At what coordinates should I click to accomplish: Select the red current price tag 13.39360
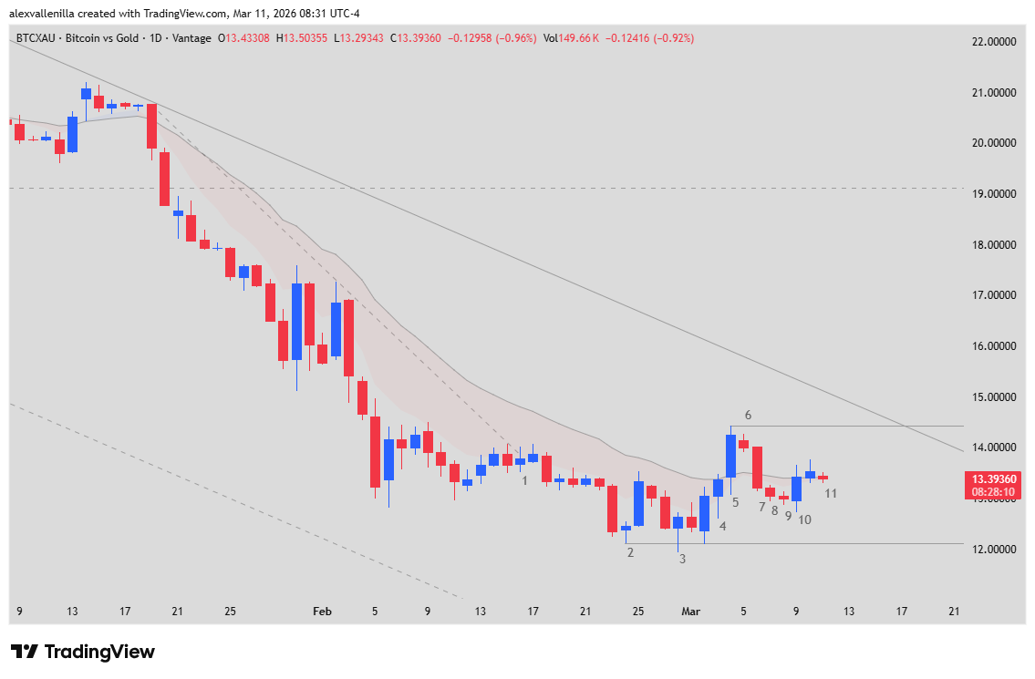click(x=992, y=479)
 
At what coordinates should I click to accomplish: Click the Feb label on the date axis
click(x=322, y=612)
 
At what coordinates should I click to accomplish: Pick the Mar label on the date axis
click(x=690, y=612)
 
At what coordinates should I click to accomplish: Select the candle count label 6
click(x=747, y=415)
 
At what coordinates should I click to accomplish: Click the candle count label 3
click(x=682, y=559)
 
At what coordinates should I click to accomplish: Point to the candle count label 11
click(x=831, y=493)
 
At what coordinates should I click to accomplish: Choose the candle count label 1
click(x=525, y=479)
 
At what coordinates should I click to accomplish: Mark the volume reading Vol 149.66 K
click(x=571, y=38)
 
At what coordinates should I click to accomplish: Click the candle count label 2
click(x=630, y=552)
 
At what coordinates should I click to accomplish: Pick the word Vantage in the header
click(x=192, y=38)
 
